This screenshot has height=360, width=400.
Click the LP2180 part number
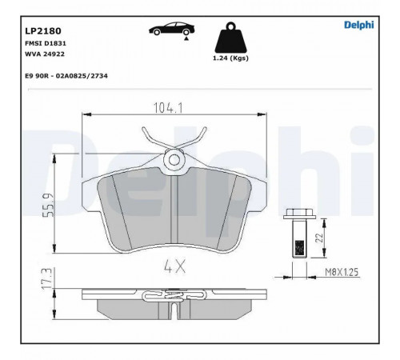[43, 31]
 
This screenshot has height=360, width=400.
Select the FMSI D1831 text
[46, 43]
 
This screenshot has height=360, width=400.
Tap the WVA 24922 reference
[45, 54]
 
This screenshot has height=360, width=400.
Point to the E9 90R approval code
[66, 76]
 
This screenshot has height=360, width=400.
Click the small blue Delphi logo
[359, 25]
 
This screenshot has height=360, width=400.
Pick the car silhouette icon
[171, 29]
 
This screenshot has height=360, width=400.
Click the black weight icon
[230, 38]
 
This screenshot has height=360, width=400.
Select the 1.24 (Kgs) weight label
[230, 58]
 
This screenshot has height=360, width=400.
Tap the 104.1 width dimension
[168, 108]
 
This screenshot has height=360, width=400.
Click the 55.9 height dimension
[49, 205]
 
